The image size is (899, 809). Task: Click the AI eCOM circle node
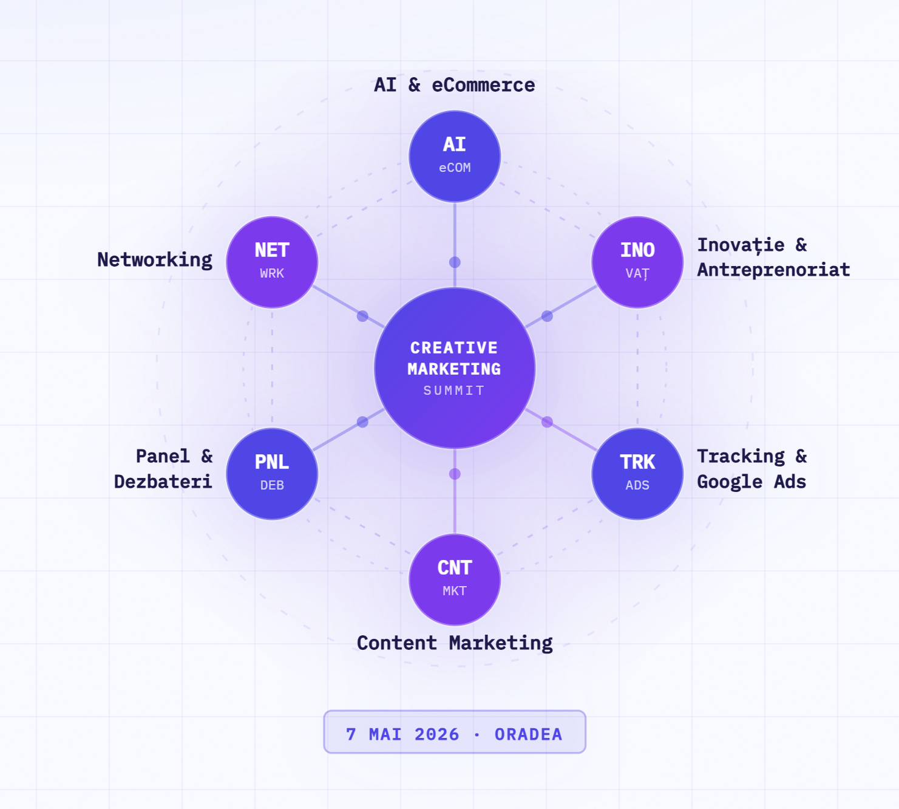point(455,156)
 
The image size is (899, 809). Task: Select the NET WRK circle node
point(272,262)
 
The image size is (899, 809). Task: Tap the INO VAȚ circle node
point(637,262)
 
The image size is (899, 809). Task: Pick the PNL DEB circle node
point(272,474)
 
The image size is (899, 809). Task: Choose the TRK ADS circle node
point(637,474)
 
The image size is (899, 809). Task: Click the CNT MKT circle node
point(455,579)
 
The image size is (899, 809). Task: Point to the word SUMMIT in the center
point(454,391)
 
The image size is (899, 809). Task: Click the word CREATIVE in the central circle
point(454,347)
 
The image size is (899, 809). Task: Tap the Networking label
point(155,260)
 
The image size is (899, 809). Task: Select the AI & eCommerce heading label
point(455,85)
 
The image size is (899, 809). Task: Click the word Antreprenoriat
point(773,270)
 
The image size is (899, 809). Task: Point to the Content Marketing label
point(455,643)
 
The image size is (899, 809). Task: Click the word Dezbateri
point(163,482)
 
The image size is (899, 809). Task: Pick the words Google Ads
point(751,482)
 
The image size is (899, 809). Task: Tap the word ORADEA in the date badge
point(529,734)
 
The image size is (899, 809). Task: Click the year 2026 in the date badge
point(436,734)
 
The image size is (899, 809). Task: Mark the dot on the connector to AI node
point(455,262)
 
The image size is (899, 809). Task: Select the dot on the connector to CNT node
point(455,474)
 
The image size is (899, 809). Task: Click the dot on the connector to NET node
point(362,316)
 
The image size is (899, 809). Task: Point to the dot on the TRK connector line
point(547,422)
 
